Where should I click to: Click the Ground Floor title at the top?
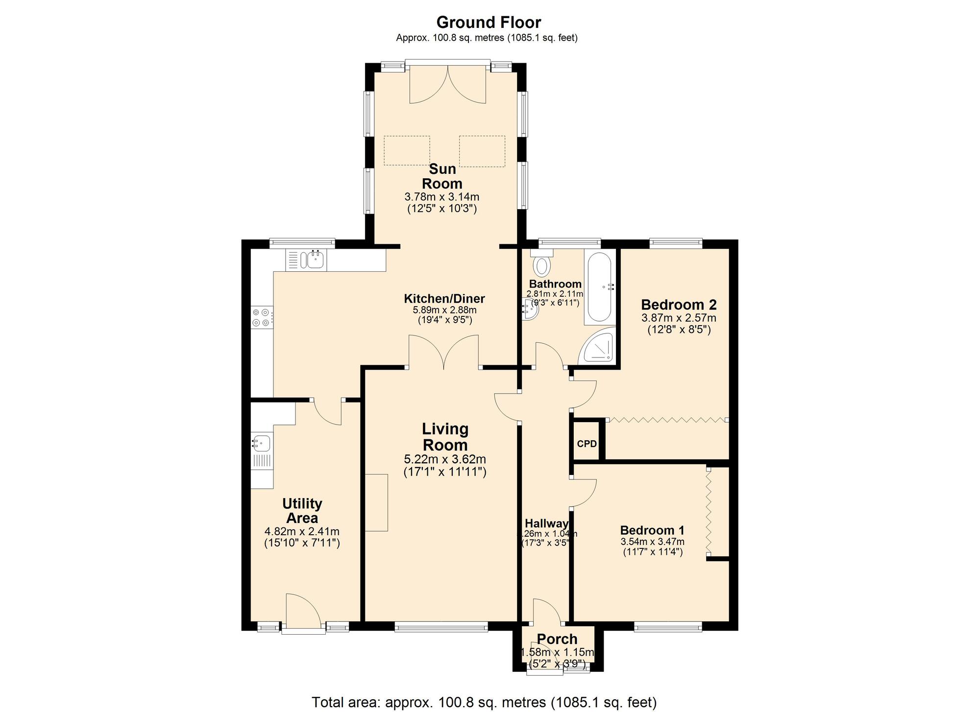tap(489, 23)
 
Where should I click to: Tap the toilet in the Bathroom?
tap(542, 264)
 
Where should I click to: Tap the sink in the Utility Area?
tap(262, 444)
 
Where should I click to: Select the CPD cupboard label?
tap(587, 444)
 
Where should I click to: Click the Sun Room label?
tap(442, 176)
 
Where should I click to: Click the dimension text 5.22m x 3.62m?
tap(444, 459)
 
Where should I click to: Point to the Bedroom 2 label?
tap(679, 305)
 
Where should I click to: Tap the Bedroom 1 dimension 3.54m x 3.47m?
tap(652, 542)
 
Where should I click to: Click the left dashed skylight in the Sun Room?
tap(407, 150)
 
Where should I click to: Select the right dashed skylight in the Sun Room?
tap(482, 151)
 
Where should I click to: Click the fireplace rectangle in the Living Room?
tap(377, 502)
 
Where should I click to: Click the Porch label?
tap(557, 639)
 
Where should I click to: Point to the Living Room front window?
tap(441, 626)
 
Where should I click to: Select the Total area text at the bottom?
tap(484, 702)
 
